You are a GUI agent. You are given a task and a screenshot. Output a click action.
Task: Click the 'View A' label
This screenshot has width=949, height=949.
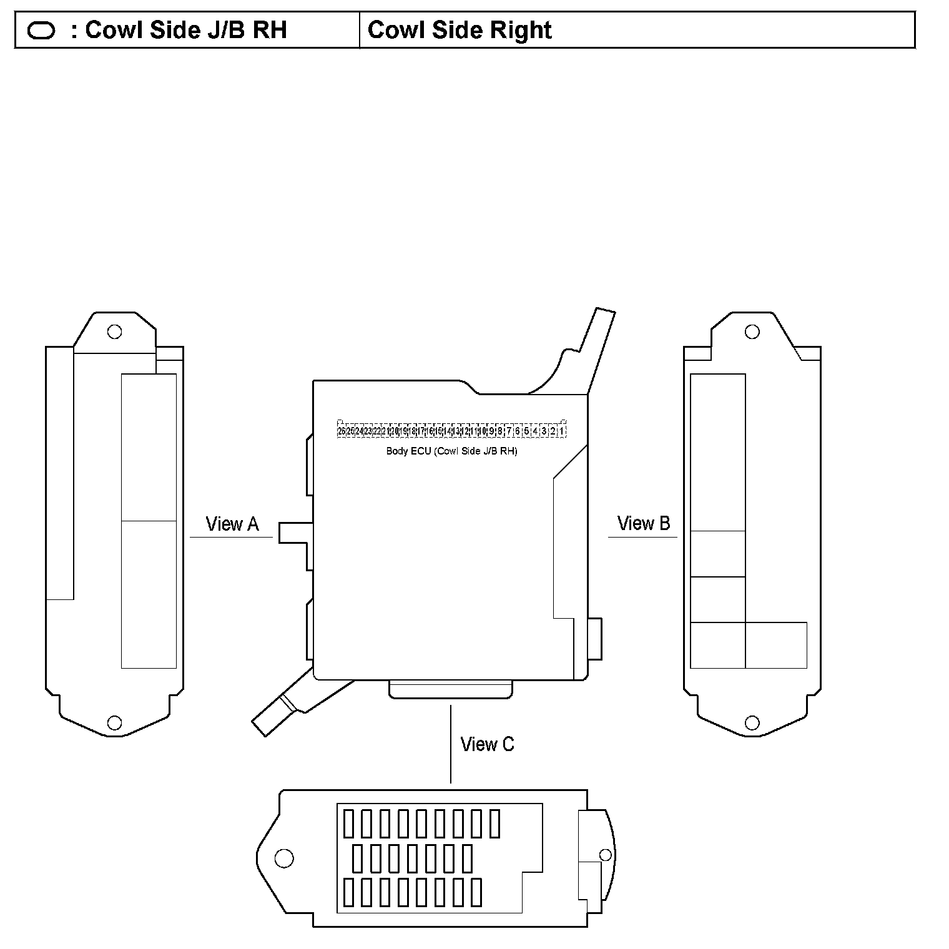(x=232, y=524)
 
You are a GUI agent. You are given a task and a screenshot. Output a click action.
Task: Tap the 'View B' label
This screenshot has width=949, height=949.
(x=644, y=523)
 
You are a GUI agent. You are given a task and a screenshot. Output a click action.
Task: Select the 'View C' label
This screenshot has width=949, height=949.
(x=487, y=744)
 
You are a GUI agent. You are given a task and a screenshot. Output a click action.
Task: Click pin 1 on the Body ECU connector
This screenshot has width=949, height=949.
(x=562, y=431)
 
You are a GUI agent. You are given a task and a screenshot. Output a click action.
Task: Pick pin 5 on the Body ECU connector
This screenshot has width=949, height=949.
(x=526, y=431)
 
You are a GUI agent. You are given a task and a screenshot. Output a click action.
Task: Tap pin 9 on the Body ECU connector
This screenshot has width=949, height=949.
(x=491, y=431)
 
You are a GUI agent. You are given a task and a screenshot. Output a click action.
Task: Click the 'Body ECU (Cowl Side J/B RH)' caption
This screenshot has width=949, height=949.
(x=451, y=451)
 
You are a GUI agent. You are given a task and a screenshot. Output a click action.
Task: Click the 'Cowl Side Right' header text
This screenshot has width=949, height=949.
(x=460, y=30)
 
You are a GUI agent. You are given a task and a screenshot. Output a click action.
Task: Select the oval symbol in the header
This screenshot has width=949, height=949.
(x=41, y=31)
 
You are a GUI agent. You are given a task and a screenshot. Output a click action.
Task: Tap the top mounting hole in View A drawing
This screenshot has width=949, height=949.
(x=114, y=332)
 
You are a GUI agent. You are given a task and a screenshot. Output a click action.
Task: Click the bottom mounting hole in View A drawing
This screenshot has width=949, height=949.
(x=114, y=722)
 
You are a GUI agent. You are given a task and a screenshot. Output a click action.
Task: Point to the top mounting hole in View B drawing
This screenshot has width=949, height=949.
(x=752, y=332)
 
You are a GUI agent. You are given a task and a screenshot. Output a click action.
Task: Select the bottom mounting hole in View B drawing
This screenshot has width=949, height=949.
(x=752, y=723)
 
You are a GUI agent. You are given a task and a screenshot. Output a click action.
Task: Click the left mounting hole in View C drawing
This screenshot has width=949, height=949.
(x=284, y=858)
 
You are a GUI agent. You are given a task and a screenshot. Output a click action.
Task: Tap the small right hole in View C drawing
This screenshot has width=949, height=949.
(x=604, y=854)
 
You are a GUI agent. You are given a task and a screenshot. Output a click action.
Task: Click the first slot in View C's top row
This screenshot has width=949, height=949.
(x=348, y=824)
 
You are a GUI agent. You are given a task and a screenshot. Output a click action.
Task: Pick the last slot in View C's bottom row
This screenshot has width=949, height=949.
(x=476, y=892)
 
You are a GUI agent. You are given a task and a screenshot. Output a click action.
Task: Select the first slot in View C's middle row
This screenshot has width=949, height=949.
(x=357, y=858)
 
